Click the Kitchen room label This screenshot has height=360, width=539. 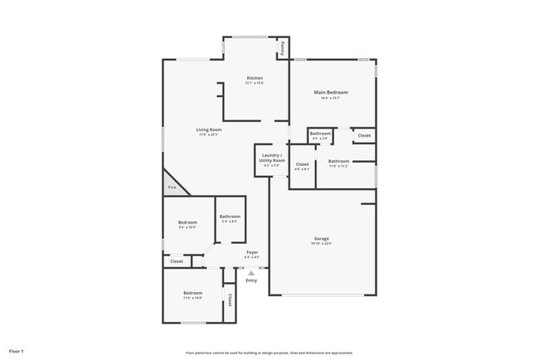coord(254,78)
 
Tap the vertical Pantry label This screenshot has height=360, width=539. coord(282,47)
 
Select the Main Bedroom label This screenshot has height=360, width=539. coord(330,92)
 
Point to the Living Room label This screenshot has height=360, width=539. coord(209,129)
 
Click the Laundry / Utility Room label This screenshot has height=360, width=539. coord(272,158)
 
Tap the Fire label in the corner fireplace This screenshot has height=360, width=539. coord(172,187)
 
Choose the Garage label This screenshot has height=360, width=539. coord(321,238)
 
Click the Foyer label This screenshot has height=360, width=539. coord(252,251)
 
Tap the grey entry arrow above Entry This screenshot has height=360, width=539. coord(251,272)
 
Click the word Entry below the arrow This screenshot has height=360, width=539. coord(251,280)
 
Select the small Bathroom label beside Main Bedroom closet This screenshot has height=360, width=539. coord(320,133)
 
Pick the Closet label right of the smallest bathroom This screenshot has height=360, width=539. coord(364,134)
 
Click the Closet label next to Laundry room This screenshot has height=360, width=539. coord(303,164)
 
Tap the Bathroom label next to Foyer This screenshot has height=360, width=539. coord(230,216)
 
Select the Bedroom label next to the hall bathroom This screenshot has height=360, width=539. coord(187,222)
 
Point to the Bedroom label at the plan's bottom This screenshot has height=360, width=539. coord(193,293)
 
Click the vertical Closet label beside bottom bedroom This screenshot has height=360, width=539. coord(230,300)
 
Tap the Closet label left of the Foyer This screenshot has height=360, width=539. coord(177,261)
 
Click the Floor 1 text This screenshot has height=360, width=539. coord(17,351)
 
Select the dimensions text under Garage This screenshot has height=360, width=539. coord(321,243)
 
